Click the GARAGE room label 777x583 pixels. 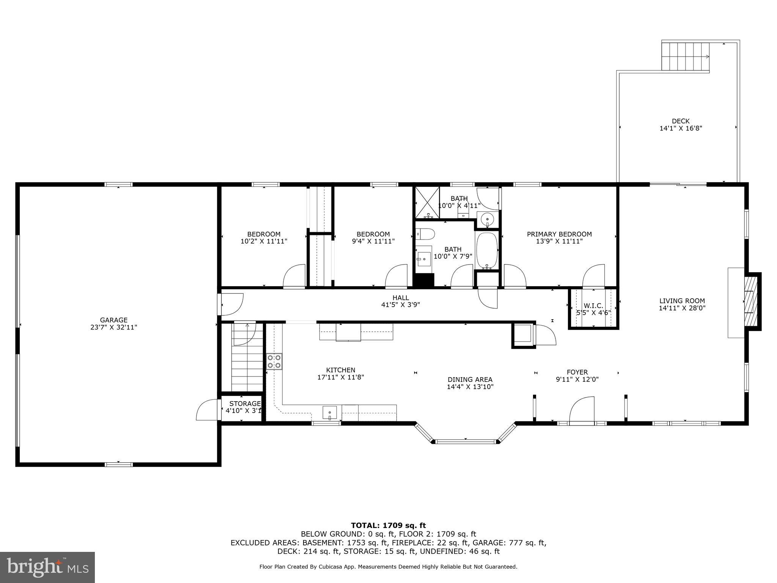[x=113, y=320]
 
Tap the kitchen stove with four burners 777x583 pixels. [x=274, y=361]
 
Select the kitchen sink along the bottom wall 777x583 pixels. [x=329, y=412]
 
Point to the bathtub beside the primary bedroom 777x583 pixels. [x=486, y=251]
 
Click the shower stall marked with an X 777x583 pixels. [x=427, y=203]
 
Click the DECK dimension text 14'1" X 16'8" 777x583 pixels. [x=681, y=128]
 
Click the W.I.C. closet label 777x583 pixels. [x=593, y=306]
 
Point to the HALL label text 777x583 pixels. [x=401, y=298]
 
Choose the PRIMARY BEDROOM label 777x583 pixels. [x=559, y=234]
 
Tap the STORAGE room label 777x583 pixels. [x=245, y=403]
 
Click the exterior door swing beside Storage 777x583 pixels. [x=207, y=410]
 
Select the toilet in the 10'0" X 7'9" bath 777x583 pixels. [x=425, y=234]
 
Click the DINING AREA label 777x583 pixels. [x=470, y=380]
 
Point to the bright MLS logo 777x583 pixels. [x=47, y=567]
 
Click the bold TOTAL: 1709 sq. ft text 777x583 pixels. [x=388, y=525]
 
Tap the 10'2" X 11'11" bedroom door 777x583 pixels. [x=294, y=276]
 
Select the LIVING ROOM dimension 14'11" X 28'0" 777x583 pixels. [x=682, y=308]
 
